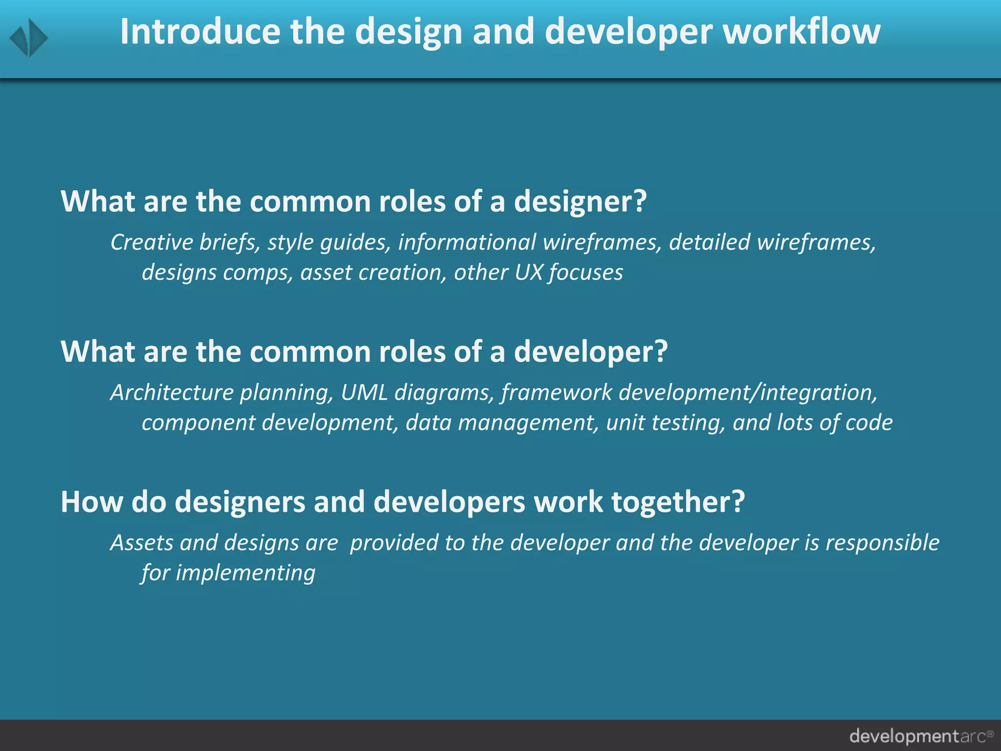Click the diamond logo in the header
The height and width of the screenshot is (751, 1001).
29,38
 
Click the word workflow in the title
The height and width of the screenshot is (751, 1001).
802,32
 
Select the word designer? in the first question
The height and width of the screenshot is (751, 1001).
580,201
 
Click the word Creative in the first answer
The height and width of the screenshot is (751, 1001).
145,243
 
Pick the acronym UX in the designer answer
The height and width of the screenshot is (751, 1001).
528,272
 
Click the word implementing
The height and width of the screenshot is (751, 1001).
245,573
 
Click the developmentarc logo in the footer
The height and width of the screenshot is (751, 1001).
921,736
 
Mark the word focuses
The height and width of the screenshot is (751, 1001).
586,272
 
